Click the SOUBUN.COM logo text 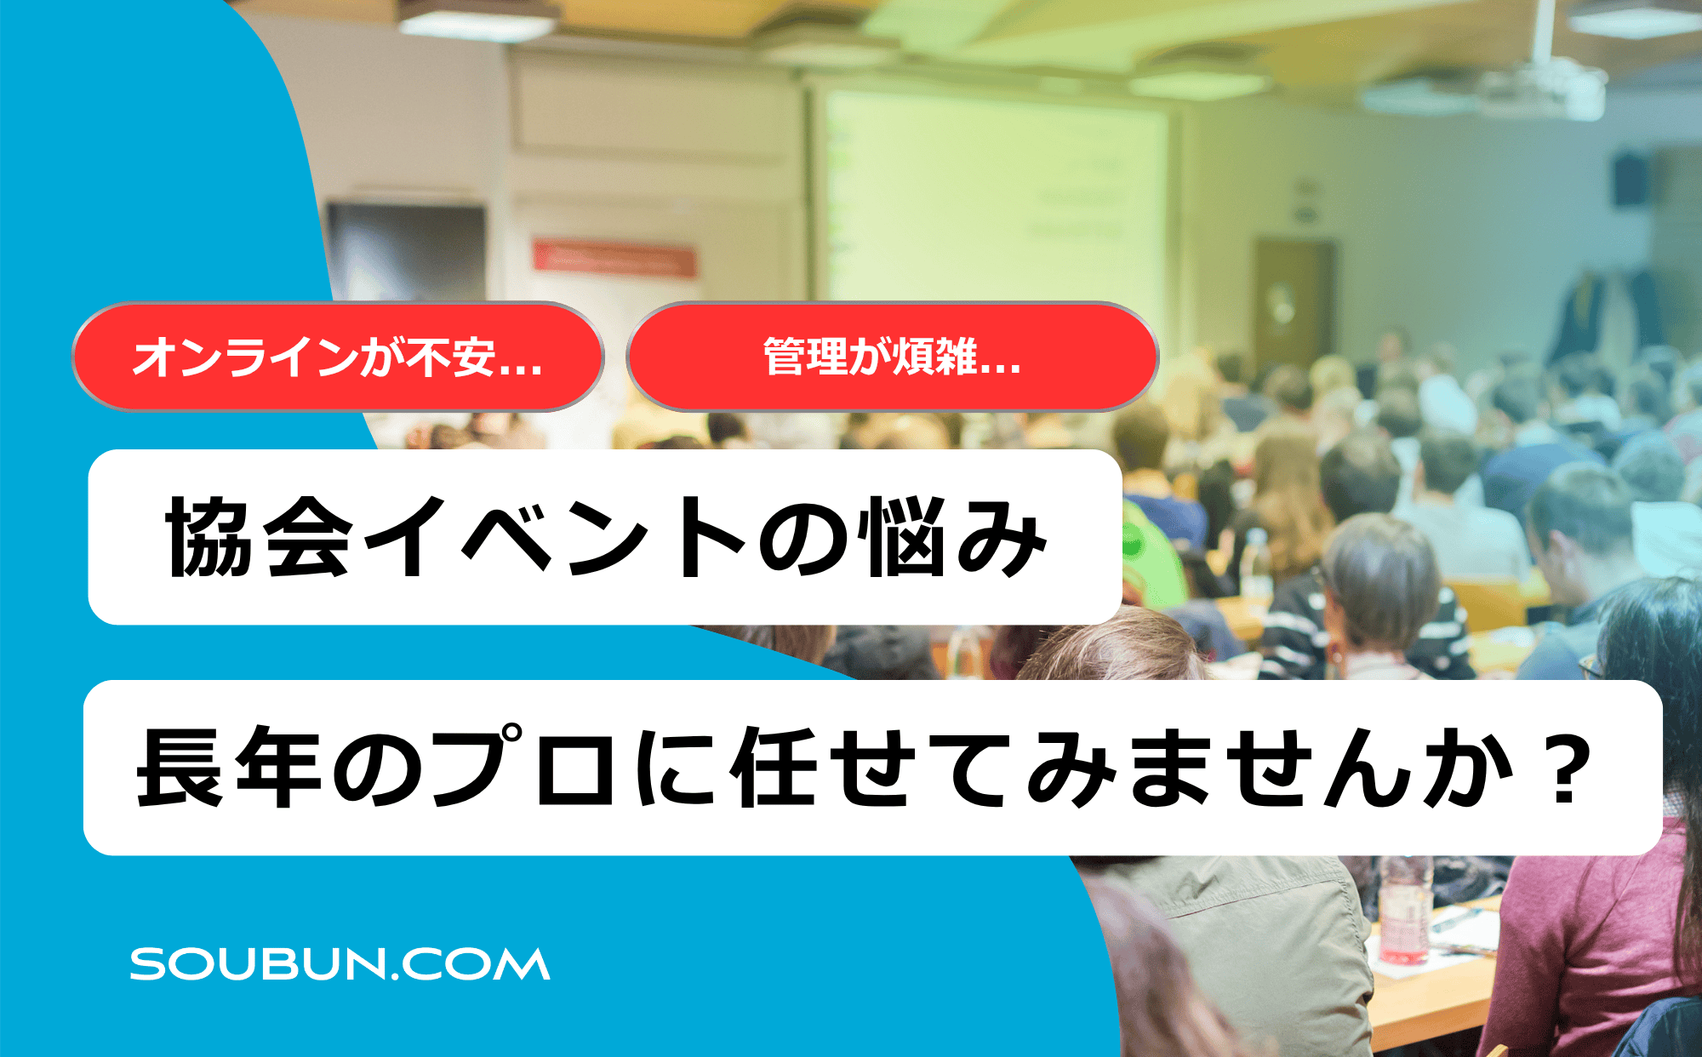(x=340, y=964)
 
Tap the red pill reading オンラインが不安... (x=338, y=357)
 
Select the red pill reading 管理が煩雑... (x=892, y=357)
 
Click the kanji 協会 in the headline (x=259, y=538)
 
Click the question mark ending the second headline (x=1565, y=768)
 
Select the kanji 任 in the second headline (x=776, y=768)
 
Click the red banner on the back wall (x=614, y=258)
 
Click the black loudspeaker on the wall (x=1631, y=180)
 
